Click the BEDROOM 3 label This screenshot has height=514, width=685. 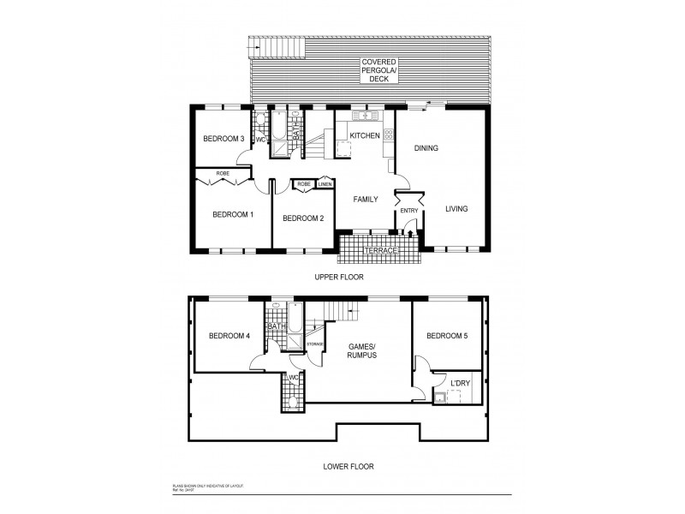click(224, 140)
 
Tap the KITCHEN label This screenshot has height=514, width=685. click(364, 135)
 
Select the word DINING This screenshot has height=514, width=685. click(426, 148)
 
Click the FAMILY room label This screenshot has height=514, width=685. click(366, 199)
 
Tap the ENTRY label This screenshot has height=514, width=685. click(409, 210)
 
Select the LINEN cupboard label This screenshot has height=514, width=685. click(325, 184)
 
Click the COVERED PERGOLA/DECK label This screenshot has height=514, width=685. click(378, 71)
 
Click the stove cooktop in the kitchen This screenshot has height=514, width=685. click(389, 134)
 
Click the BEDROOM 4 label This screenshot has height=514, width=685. click(229, 336)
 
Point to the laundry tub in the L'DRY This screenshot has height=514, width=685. click(443, 394)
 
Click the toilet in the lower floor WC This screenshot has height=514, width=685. click(294, 399)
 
